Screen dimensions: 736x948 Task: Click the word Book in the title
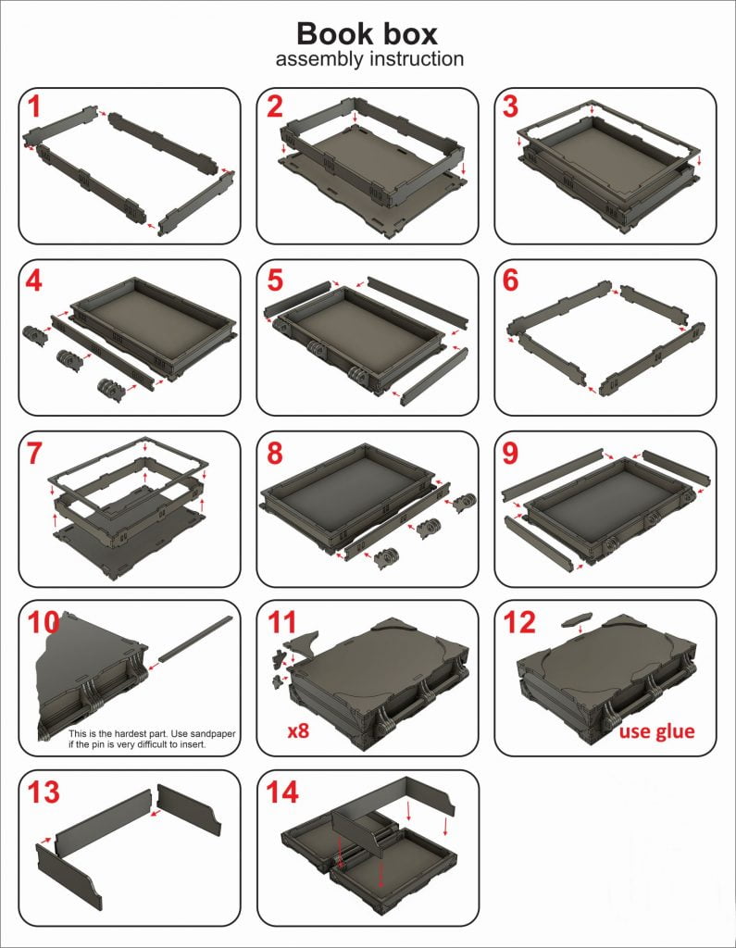pyautogui.click(x=331, y=34)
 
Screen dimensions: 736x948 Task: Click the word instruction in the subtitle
pyautogui.click(x=417, y=59)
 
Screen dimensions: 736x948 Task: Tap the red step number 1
pyautogui.click(x=34, y=106)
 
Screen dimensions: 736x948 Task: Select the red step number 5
pyautogui.click(x=275, y=280)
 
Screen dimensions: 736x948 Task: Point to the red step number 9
pyautogui.click(x=510, y=454)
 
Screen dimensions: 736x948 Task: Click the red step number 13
pyautogui.click(x=44, y=792)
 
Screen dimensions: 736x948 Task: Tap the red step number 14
pyautogui.click(x=281, y=792)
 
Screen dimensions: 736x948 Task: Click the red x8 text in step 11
pyautogui.click(x=298, y=731)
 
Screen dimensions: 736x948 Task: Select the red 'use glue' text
pyautogui.click(x=656, y=731)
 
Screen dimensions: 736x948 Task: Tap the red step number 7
pyautogui.click(x=35, y=454)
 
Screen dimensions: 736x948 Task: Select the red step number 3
pyautogui.click(x=510, y=106)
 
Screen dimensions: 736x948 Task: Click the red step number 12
pyautogui.click(x=519, y=623)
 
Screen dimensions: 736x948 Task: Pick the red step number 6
pyautogui.click(x=510, y=280)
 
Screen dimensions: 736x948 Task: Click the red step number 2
pyautogui.click(x=275, y=106)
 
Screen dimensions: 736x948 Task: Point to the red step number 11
pyautogui.click(x=281, y=623)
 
